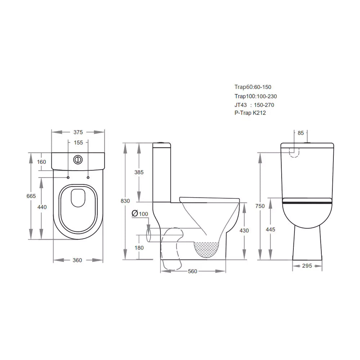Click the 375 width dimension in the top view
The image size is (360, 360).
coord(78,132)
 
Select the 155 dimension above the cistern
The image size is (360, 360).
coord(78,143)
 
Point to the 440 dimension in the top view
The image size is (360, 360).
coord(42,207)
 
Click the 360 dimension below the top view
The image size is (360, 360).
coord(77,260)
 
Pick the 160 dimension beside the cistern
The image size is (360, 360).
coord(42,162)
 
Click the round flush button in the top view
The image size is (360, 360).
coord(78,159)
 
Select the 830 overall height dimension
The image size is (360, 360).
coord(125,201)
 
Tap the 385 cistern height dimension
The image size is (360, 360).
coord(139,172)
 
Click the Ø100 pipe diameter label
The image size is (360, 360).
coord(140,214)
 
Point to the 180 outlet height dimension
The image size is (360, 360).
coord(139,248)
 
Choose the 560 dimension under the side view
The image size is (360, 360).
coord(193,271)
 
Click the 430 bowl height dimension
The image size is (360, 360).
coord(244,230)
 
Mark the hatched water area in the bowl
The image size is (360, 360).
coord(206,249)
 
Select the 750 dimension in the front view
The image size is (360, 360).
coord(260,206)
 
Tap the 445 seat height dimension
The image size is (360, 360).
coord(270,229)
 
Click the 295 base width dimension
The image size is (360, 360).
coord(307,266)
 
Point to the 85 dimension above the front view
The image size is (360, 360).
coord(301,133)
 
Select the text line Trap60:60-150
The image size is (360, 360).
coord(253,87)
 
